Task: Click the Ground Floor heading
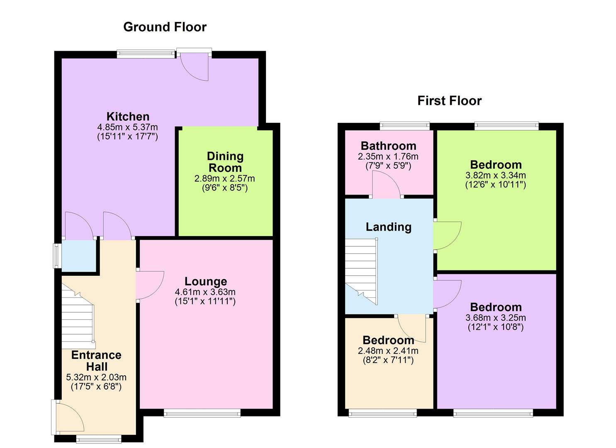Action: click(x=165, y=27)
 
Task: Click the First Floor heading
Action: click(x=449, y=101)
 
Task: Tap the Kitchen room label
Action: click(x=128, y=117)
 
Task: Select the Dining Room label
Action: click(x=225, y=162)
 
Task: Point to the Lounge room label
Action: click(x=206, y=282)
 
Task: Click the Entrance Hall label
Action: click(x=96, y=361)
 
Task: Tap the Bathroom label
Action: click(x=388, y=146)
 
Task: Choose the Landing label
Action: click(x=388, y=227)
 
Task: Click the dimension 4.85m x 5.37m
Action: click(x=127, y=127)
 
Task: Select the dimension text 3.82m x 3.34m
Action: click(x=495, y=175)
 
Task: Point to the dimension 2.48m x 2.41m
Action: click(x=388, y=351)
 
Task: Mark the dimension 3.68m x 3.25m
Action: click(x=495, y=318)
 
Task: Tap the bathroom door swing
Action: click(x=386, y=185)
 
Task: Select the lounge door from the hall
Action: click(x=149, y=285)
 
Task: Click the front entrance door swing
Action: click(x=69, y=417)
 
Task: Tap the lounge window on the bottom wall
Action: click(x=202, y=412)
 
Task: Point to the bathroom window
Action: click(x=405, y=125)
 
